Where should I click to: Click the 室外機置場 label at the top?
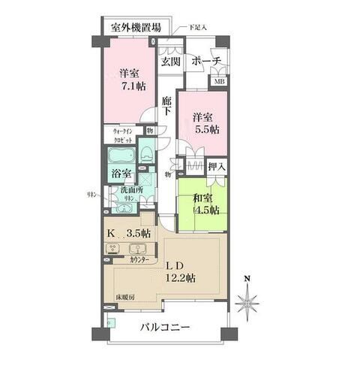coord(136,28)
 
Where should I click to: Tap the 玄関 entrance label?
coord(169,62)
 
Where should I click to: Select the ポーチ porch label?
coord(206,62)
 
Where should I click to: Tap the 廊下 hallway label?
coord(167,105)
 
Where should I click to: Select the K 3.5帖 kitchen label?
coord(129,234)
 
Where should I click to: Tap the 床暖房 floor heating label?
coord(124,298)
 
